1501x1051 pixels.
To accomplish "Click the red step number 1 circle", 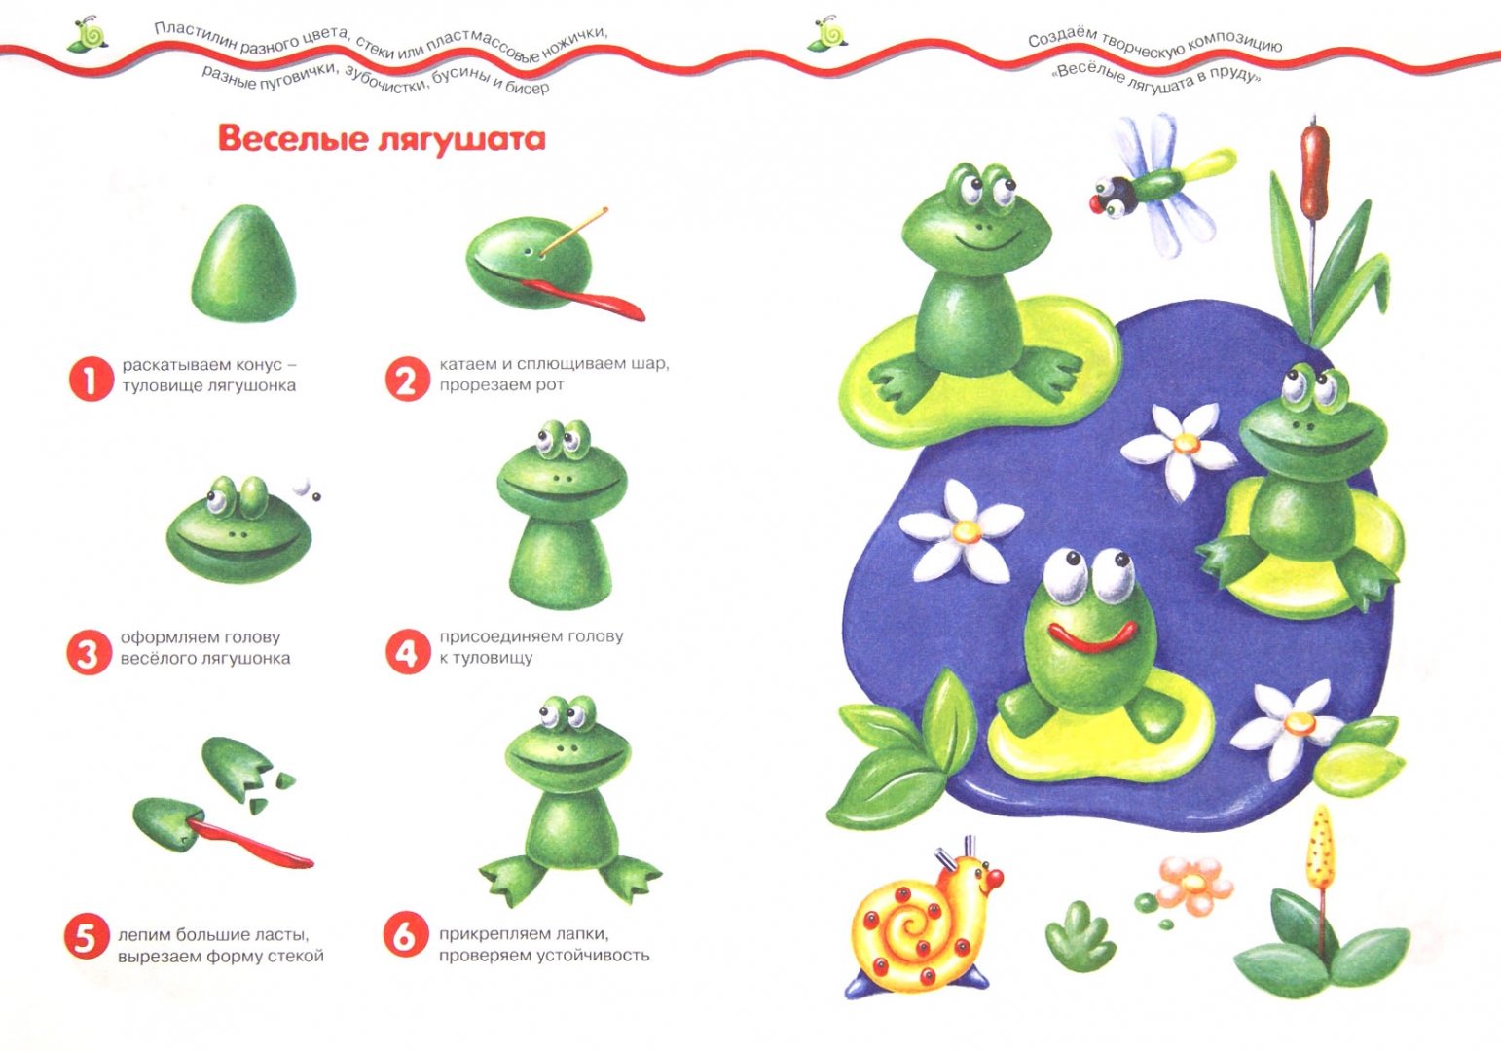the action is tap(91, 380).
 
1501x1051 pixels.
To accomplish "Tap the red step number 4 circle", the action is tap(408, 651).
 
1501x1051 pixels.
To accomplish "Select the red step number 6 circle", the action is tap(405, 936).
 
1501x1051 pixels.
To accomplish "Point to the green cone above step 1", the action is tap(243, 264).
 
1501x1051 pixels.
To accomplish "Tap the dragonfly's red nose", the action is tap(1097, 203).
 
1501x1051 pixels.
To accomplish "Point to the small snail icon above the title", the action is tap(88, 33).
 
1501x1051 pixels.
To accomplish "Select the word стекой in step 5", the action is tap(295, 957).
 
